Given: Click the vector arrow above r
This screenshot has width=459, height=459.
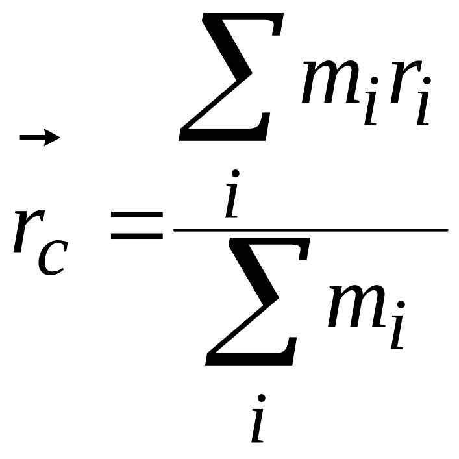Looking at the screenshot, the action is point(40,137).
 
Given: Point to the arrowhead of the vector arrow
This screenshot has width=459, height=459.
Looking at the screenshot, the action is point(52,137).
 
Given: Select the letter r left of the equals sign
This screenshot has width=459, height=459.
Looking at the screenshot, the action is point(29,230).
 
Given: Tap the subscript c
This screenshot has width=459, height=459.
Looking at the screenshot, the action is point(53,258).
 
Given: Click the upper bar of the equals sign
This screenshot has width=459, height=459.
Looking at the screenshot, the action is point(137,215).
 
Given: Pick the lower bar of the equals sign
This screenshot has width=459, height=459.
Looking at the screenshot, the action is point(137,236).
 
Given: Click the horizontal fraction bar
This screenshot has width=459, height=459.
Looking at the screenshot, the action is point(310,230).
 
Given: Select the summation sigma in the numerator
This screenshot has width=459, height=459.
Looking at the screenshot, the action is point(231,77).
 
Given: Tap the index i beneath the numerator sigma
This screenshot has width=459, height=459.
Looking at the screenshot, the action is point(232,193).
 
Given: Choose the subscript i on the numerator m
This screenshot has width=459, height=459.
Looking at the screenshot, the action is point(371,101).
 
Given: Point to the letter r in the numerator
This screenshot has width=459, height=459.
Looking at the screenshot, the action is point(406,81).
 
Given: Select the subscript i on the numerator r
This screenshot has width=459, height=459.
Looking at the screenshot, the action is point(423,101).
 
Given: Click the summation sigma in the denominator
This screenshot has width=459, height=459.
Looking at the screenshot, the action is point(258,301).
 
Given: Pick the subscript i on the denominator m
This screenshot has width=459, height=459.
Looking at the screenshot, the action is point(398,325).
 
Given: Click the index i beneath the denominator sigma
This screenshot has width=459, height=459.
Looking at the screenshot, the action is point(258,418).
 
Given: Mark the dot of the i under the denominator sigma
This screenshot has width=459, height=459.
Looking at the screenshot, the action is point(262,398).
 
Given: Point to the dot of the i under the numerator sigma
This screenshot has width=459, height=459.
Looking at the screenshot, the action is point(236,173).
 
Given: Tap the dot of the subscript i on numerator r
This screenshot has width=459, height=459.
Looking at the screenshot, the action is point(427,81).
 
